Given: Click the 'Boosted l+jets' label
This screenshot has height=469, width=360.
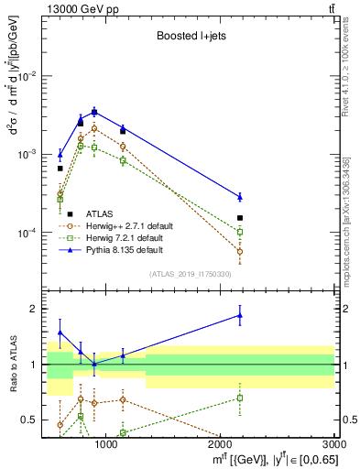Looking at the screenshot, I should click(x=189, y=37).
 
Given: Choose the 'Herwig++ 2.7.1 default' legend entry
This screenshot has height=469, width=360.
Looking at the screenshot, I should click(x=128, y=224).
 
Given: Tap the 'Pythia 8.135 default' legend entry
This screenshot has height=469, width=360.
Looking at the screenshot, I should click(x=125, y=249).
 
